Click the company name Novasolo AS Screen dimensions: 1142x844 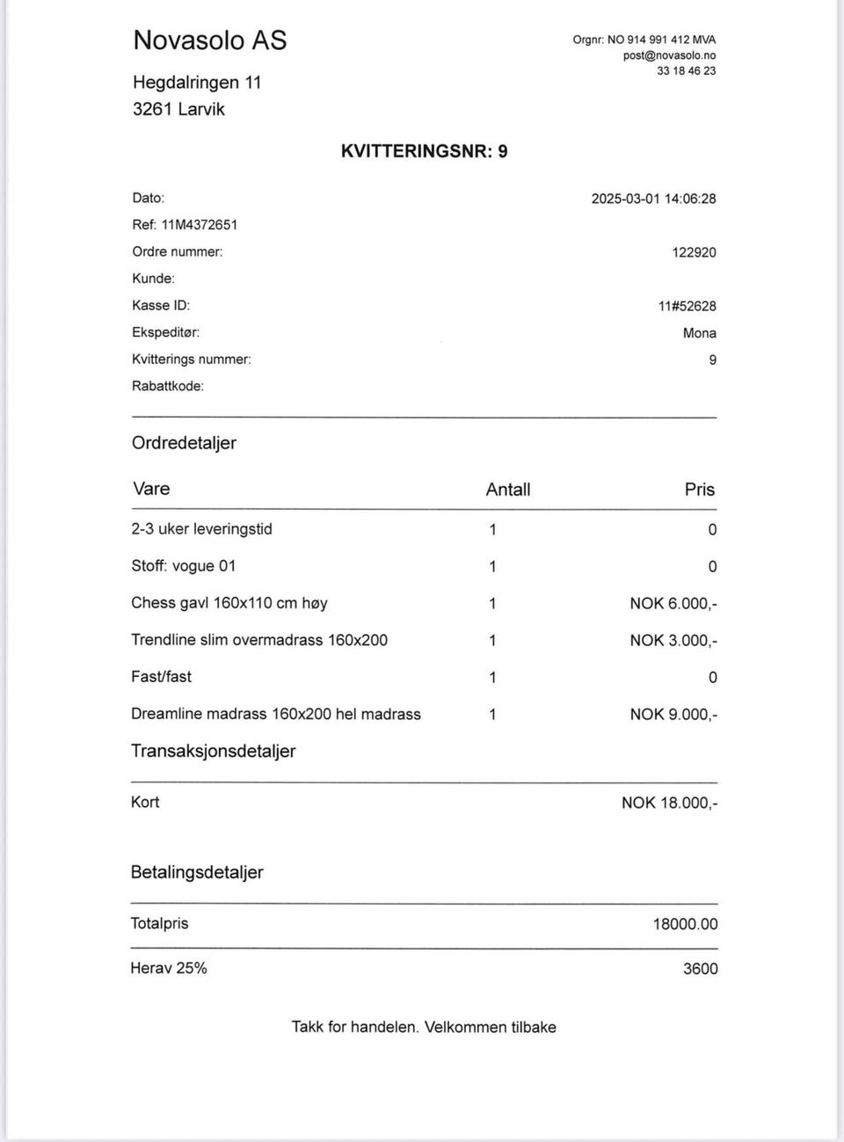(209, 40)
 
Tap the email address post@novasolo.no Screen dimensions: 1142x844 (669, 55)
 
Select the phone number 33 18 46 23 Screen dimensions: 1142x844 (686, 71)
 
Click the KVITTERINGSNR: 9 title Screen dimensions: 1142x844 (424, 151)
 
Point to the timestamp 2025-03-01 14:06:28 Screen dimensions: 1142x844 (653, 199)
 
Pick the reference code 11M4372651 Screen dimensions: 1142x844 (199, 225)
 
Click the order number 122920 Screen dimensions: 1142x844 (694, 252)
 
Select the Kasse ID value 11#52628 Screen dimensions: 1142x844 (687, 307)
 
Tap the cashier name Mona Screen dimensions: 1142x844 (699, 333)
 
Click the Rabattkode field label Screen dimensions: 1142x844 (167, 386)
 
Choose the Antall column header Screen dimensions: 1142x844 (507, 490)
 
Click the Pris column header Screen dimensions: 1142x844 (699, 490)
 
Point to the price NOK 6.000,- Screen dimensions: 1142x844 (673, 604)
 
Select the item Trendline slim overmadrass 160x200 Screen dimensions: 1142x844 (258, 640)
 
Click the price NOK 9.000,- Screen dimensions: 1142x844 (673, 715)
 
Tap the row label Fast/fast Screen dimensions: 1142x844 (161, 677)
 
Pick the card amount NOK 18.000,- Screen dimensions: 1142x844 (669, 803)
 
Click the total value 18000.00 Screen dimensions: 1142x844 (685, 924)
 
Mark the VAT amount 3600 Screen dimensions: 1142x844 (700, 969)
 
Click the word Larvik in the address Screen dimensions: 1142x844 (201, 109)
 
